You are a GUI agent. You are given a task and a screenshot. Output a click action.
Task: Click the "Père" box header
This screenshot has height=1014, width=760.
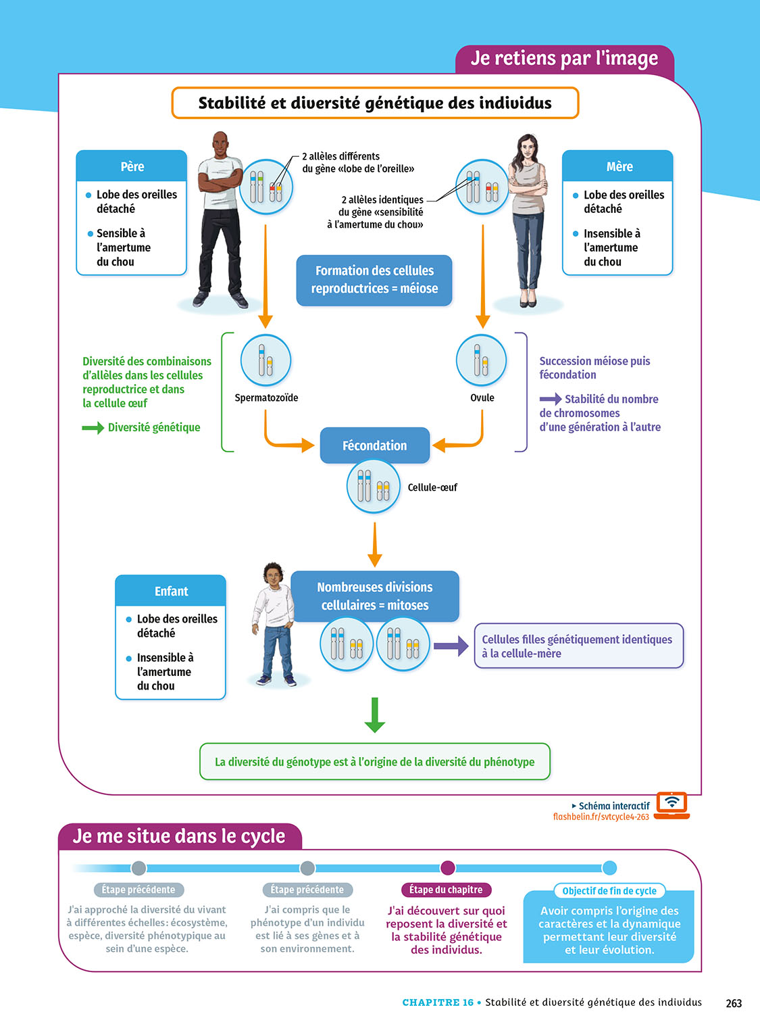pos(132,166)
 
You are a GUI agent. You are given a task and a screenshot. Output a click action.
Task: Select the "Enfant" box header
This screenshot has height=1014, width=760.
pos(171,591)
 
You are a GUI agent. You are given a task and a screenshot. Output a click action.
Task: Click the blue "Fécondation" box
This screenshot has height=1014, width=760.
pos(374,445)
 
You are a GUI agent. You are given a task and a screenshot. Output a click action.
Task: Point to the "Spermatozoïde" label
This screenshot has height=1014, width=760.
pos(266,397)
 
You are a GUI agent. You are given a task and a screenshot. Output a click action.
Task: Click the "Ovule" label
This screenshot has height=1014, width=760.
pos(482,397)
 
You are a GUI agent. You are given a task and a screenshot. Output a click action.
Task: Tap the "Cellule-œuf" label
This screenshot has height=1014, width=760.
pos(432,487)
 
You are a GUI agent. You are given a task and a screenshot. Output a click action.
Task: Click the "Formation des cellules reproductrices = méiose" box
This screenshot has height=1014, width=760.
pos(374,280)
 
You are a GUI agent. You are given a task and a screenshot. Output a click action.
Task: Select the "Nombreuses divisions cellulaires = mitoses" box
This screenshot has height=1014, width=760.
pos(375,596)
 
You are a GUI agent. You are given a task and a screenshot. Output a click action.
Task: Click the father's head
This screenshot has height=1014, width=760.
pos(220,143)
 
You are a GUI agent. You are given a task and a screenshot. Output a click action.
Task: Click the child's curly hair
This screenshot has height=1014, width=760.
pos(273,569)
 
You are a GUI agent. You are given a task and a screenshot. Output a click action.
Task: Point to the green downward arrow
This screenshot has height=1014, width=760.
pos(374,715)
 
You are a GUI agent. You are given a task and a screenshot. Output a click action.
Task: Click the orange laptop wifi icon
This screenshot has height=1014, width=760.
pos(672,804)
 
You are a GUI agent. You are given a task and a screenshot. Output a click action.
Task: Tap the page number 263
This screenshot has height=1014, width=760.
pos(734,1003)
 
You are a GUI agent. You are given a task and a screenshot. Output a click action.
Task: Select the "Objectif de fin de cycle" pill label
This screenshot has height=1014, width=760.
pos(609,891)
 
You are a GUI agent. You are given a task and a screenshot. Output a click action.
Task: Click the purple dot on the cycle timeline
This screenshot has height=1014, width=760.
pos(448,868)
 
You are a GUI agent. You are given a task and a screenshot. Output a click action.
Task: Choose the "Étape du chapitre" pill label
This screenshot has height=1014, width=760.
pos(446,890)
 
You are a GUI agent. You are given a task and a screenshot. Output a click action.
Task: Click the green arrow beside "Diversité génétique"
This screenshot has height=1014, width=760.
pos(93,428)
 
